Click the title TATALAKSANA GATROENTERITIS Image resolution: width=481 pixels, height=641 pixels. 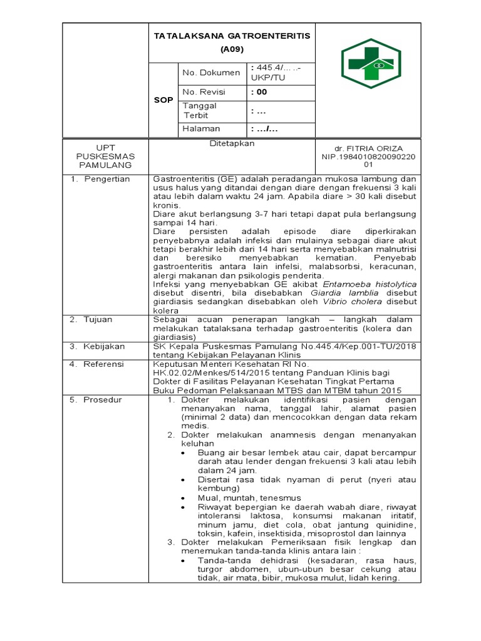coord(232,36)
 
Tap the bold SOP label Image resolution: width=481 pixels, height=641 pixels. coord(164,100)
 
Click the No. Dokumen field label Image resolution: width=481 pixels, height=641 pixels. coord(211,73)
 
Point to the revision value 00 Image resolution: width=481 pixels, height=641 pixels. coord(258,92)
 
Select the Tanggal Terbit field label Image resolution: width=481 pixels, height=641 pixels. coord(200,110)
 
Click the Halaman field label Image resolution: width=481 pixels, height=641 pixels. coord(201,129)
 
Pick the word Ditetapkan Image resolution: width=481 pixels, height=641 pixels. coord(232,143)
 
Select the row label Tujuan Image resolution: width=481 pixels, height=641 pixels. coord(100,319)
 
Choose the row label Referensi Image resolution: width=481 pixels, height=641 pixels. coord(105,364)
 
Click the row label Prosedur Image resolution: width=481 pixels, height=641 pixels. coord(103,399)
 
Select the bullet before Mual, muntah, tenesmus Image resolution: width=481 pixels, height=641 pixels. coord(182,498)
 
